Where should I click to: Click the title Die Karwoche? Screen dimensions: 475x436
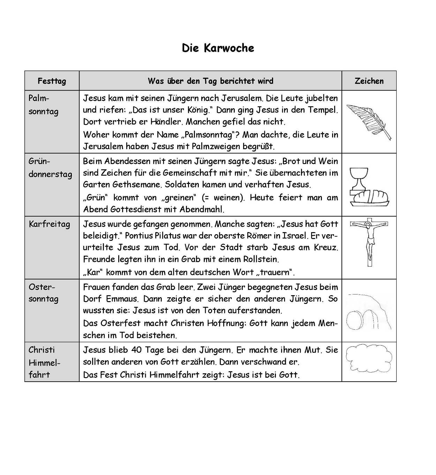218,48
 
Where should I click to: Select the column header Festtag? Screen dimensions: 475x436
52,81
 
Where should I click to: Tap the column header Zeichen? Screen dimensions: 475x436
369,81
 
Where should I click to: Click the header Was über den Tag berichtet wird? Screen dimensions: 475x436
210,81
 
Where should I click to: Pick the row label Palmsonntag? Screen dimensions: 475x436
43,105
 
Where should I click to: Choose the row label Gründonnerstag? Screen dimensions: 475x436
50,168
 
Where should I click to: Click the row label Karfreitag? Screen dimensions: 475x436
49,224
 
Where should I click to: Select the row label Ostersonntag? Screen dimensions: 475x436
43,293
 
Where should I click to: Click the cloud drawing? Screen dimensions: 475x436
368,359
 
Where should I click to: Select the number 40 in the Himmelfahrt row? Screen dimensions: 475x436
136,350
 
